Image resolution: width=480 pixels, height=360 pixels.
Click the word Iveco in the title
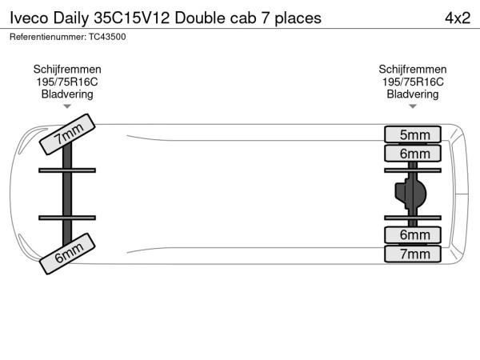(x=29, y=18)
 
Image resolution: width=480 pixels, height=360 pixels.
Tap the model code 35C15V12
(x=132, y=18)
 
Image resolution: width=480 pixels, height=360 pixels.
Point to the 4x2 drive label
(x=458, y=18)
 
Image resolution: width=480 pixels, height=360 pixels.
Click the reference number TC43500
(x=107, y=37)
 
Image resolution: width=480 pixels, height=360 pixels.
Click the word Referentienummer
(x=48, y=37)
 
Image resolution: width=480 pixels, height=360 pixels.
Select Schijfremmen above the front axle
(x=67, y=70)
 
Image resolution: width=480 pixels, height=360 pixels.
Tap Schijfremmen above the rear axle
(x=413, y=70)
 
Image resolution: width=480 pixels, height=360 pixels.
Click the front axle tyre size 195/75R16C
(x=67, y=82)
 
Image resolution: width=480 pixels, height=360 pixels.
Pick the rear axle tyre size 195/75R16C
(x=413, y=82)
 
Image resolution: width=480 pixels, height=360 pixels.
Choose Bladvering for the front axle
(x=67, y=94)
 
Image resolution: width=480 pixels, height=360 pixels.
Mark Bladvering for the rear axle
(x=413, y=94)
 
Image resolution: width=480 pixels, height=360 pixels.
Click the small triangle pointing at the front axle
(x=67, y=106)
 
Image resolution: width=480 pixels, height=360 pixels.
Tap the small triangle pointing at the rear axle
(x=413, y=106)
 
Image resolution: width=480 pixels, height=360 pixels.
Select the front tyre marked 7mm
(x=67, y=134)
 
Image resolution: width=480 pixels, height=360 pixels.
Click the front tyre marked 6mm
(x=67, y=254)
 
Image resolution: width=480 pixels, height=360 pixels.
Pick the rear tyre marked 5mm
(x=413, y=134)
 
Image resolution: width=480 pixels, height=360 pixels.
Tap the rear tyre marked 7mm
(x=413, y=254)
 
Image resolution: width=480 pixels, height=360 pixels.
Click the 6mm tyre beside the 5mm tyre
(x=413, y=154)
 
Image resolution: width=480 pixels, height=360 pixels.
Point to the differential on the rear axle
(x=410, y=194)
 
